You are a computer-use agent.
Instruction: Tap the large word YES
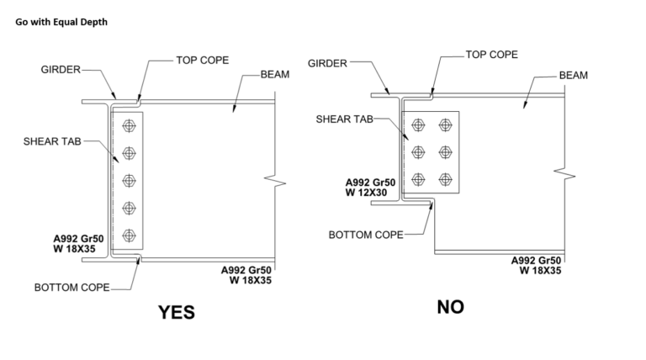click(177, 312)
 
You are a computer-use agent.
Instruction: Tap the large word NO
click(451, 307)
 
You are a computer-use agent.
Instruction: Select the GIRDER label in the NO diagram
click(328, 63)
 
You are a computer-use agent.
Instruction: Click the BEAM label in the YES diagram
click(275, 75)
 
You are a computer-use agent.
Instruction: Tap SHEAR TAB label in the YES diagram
click(52, 140)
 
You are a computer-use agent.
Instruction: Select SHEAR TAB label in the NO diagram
click(344, 119)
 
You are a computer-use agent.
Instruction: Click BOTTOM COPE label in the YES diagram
click(72, 288)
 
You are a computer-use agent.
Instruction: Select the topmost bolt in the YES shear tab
click(129, 126)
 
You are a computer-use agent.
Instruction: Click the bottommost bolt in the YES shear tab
click(129, 235)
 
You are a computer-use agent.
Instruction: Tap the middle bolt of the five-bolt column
click(129, 180)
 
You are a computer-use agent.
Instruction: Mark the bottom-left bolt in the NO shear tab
click(417, 179)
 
